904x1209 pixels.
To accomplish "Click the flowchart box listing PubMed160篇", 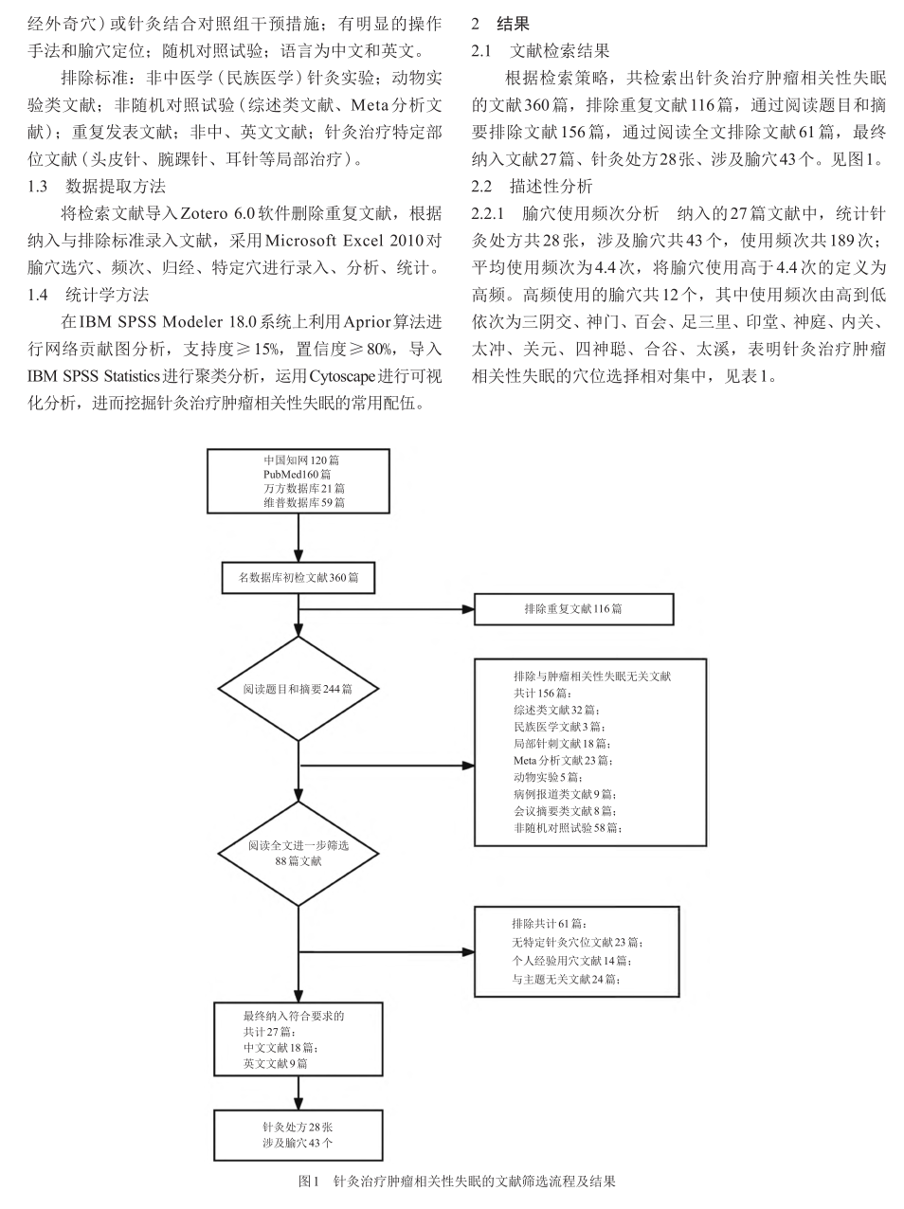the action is pyautogui.click(x=298, y=480).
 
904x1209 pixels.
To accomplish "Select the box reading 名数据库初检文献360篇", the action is pyautogui.click(x=298, y=578).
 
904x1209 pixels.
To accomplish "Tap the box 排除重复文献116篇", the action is pyautogui.click(x=573, y=609).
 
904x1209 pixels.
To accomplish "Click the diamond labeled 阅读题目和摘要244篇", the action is pyautogui.click(x=298, y=689).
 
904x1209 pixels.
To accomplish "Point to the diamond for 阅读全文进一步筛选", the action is pyautogui.click(x=298, y=853).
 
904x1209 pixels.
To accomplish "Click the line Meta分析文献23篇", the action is pyautogui.click(x=563, y=760).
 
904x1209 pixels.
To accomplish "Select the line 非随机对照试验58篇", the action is pyautogui.click(x=568, y=827).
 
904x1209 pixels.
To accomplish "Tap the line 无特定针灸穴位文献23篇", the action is pyautogui.click(x=577, y=943).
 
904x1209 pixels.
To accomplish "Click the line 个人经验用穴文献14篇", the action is pyautogui.click(x=571, y=961).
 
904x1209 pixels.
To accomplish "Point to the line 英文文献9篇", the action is pyautogui.click(x=276, y=1064).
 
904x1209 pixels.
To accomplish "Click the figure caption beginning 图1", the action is pyautogui.click(x=457, y=1181).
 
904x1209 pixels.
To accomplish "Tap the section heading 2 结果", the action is pyautogui.click(x=500, y=24).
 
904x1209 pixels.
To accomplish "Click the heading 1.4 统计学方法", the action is pyautogui.click(x=88, y=295).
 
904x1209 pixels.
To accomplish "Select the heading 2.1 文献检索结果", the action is pyautogui.click(x=540, y=50).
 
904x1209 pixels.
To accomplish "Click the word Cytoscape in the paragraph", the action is pyautogui.click(x=342, y=375).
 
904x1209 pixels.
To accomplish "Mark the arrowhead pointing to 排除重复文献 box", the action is pyautogui.click(x=468, y=609).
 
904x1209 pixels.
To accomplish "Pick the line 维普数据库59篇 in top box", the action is pyautogui.click(x=304, y=502).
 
